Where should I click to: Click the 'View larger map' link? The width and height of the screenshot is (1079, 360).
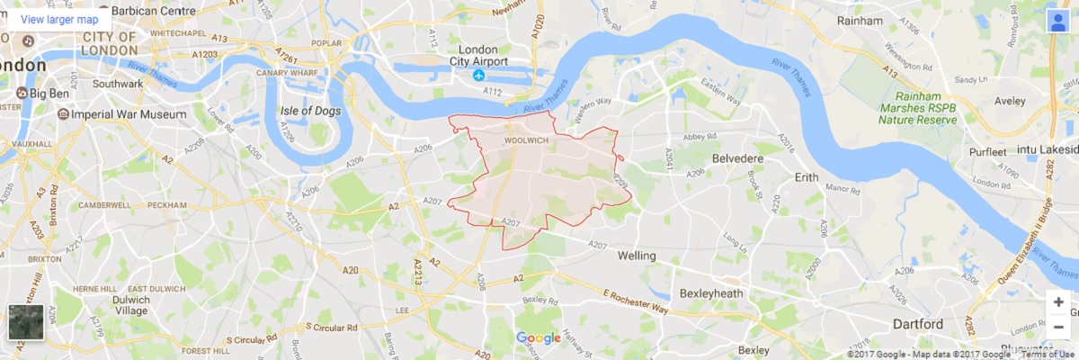pyautogui.click(x=59, y=19)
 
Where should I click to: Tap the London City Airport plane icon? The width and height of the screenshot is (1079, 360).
pyautogui.click(x=478, y=76)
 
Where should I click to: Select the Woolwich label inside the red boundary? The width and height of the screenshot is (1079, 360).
pyautogui.click(x=526, y=141)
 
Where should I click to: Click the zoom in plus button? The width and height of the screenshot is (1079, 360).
pyautogui.click(x=1058, y=302)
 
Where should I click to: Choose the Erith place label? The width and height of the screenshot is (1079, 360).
pyautogui.click(x=807, y=177)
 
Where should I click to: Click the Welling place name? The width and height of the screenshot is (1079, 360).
pyautogui.click(x=637, y=256)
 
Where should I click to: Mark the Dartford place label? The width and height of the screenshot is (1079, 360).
pyautogui.click(x=917, y=324)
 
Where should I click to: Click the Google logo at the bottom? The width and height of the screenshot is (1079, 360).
pyautogui.click(x=538, y=338)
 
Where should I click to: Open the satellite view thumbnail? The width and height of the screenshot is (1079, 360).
pyautogui.click(x=25, y=322)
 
